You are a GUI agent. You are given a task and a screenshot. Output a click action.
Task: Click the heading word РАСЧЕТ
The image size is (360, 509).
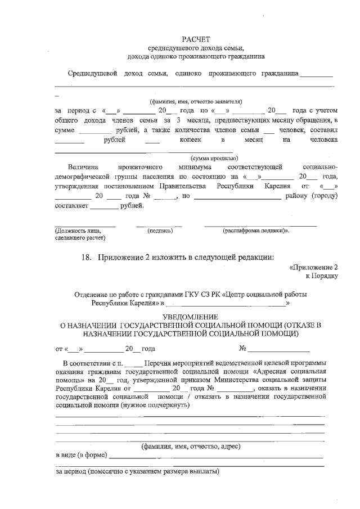coord(195,39)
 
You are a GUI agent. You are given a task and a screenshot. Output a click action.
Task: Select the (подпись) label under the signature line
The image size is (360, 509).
coord(160,231)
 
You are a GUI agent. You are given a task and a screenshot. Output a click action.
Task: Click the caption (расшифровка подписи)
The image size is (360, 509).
coord(254,231)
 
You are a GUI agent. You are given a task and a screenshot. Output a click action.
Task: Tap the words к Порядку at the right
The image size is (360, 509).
coord(321,276)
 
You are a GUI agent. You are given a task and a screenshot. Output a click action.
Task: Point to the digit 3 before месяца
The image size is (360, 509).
coord(178,120)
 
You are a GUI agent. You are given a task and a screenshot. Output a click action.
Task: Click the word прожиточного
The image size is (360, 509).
coord(141,168)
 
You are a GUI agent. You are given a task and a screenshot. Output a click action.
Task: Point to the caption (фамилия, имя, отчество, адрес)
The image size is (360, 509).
coord(190,446)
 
